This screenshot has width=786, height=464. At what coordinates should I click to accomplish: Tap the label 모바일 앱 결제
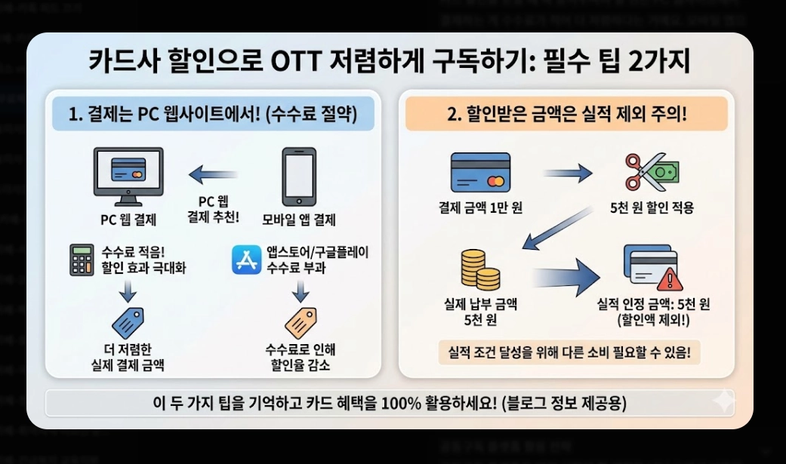click(298, 220)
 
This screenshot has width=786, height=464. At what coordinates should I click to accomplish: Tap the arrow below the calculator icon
click(128, 290)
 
